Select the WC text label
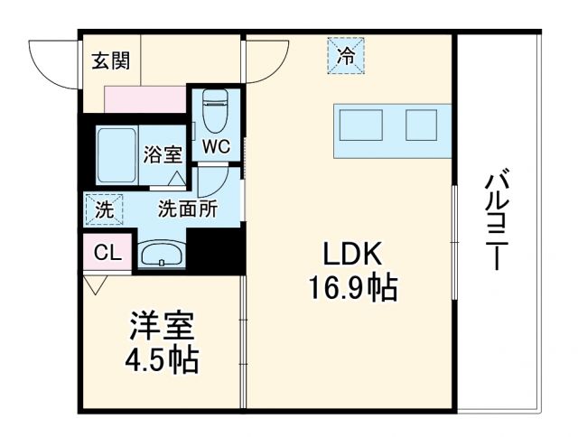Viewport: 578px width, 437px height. pyautogui.click(x=215, y=146)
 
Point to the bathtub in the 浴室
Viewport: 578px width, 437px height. pyautogui.click(x=115, y=153)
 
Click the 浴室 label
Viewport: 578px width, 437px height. pyautogui.click(x=163, y=154)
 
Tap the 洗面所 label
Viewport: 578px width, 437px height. pyautogui.click(x=187, y=209)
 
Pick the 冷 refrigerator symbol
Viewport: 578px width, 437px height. pyautogui.click(x=347, y=55)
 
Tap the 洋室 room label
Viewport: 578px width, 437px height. pyautogui.click(x=163, y=325)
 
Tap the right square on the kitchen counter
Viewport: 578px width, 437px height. pyautogui.click(x=421, y=125)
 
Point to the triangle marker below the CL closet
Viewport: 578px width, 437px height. pyautogui.click(x=95, y=283)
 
